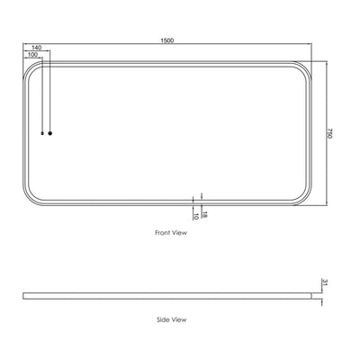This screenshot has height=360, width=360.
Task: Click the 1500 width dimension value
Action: (x=168, y=40)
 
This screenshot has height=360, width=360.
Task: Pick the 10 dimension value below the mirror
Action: (x=195, y=216)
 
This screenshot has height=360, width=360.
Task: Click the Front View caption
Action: (x=170, y=232)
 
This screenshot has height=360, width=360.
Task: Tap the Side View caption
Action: (x=170, y=319)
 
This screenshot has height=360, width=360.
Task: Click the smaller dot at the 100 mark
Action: (x=42, y=133)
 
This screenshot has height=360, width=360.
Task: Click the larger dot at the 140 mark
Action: (x=50, y=133)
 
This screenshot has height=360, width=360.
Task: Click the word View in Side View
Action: (x=178, y=319)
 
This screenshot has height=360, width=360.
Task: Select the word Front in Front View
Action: (x=163, y=232)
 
